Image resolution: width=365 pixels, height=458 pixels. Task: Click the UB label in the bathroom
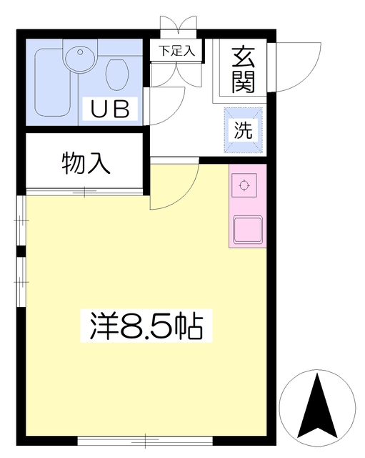[110, 109]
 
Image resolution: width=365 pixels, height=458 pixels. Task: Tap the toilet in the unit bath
[117, 74]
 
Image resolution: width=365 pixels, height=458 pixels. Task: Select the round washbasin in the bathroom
[80, 58]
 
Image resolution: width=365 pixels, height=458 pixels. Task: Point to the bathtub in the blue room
[53, 83]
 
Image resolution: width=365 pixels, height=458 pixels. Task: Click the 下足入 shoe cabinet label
[176, 51]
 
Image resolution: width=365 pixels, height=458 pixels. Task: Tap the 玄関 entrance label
[243, 70]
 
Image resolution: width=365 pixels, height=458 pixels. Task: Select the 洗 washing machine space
[244, 130]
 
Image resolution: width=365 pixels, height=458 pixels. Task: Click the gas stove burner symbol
[244, 185]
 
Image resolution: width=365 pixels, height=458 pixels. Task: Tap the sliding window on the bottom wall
[145, 441]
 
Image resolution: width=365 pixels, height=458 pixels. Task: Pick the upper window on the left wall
[21, 220]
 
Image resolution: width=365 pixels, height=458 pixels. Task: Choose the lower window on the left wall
[21, 282]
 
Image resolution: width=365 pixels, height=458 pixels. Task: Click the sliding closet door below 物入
[84, 192]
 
